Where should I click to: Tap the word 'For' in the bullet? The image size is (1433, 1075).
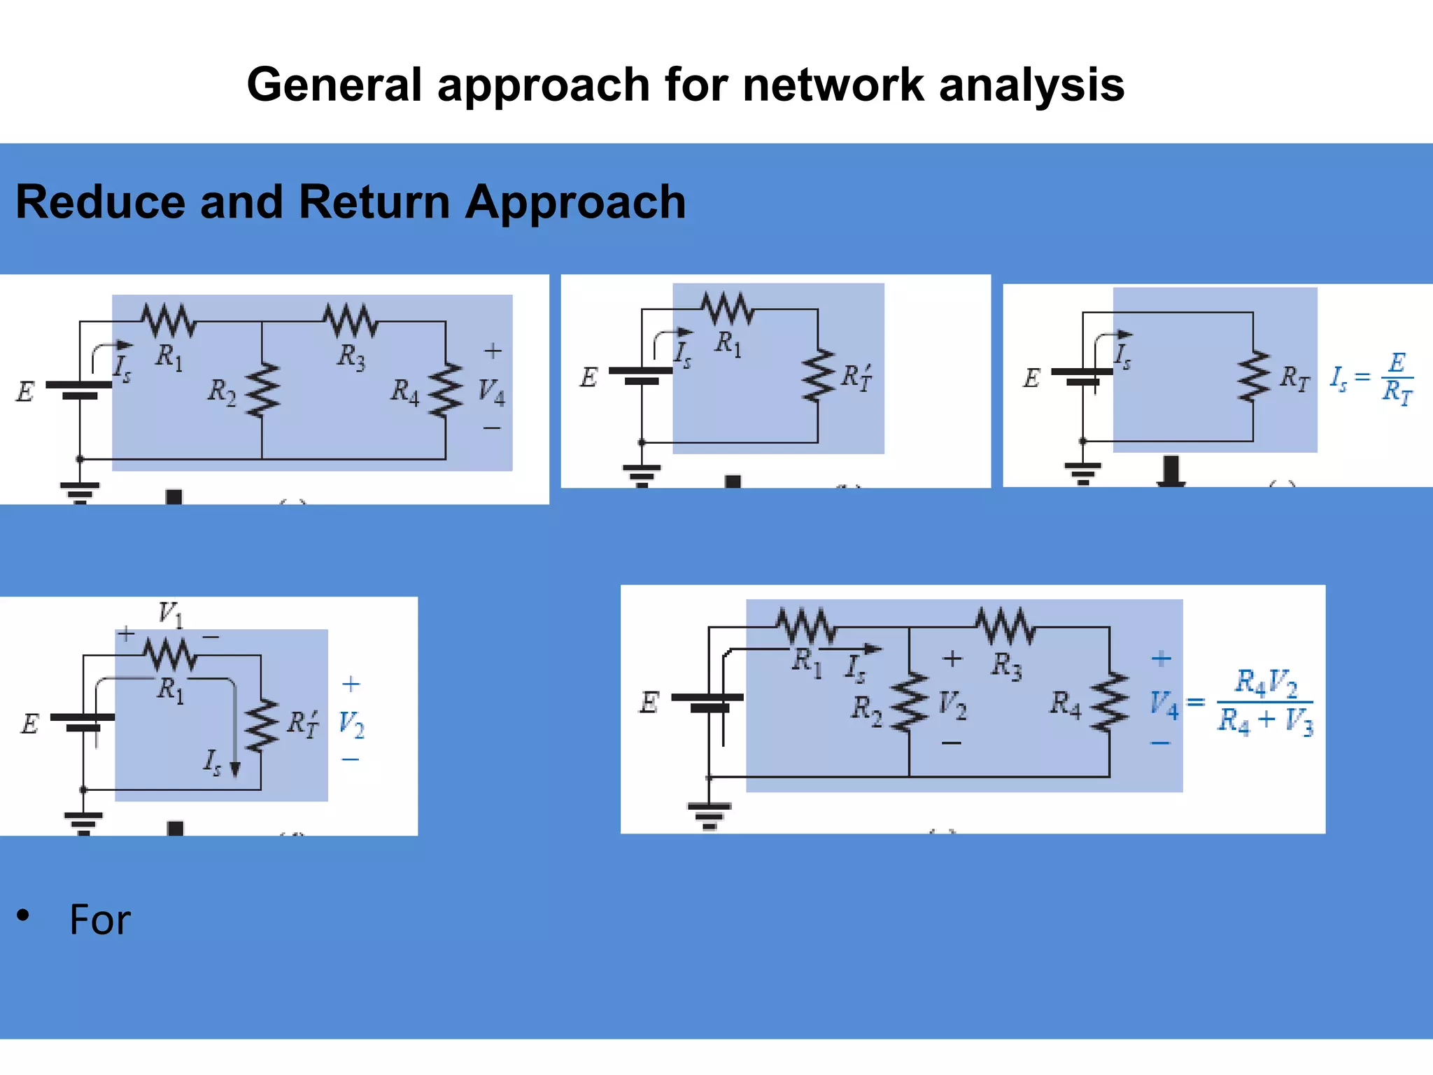coord(99,920)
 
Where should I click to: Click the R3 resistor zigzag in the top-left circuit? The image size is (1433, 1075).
coord(351,321)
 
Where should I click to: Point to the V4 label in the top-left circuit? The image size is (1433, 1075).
coord(491,391)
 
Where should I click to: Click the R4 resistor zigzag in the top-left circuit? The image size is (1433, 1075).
coord(446,390)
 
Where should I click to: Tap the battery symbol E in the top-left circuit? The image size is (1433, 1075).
coord(79,390)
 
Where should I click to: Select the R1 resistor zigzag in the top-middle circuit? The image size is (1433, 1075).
coord(728,308)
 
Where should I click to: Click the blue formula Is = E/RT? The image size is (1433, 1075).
coord(1371,378)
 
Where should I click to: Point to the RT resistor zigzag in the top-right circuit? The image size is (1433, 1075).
coord(1253,377)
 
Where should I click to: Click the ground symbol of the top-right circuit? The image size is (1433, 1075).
coord(1082,473)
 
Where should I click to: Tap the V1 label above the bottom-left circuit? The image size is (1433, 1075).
coord(170,614)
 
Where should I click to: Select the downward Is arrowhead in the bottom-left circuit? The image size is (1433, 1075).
coord(235,768)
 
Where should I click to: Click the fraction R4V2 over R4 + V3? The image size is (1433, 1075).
coord(1265,701)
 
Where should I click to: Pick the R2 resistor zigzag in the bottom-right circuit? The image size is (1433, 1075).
coord(909,703)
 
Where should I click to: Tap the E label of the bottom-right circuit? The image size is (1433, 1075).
coord(649,702)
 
